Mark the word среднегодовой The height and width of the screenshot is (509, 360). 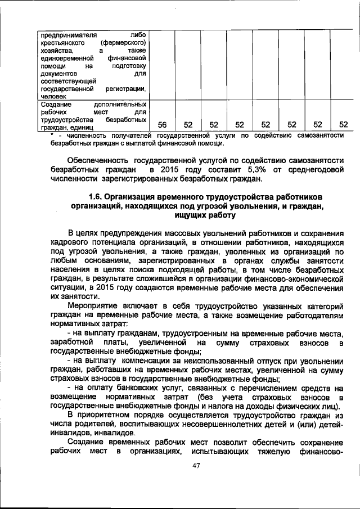coord(314,169)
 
